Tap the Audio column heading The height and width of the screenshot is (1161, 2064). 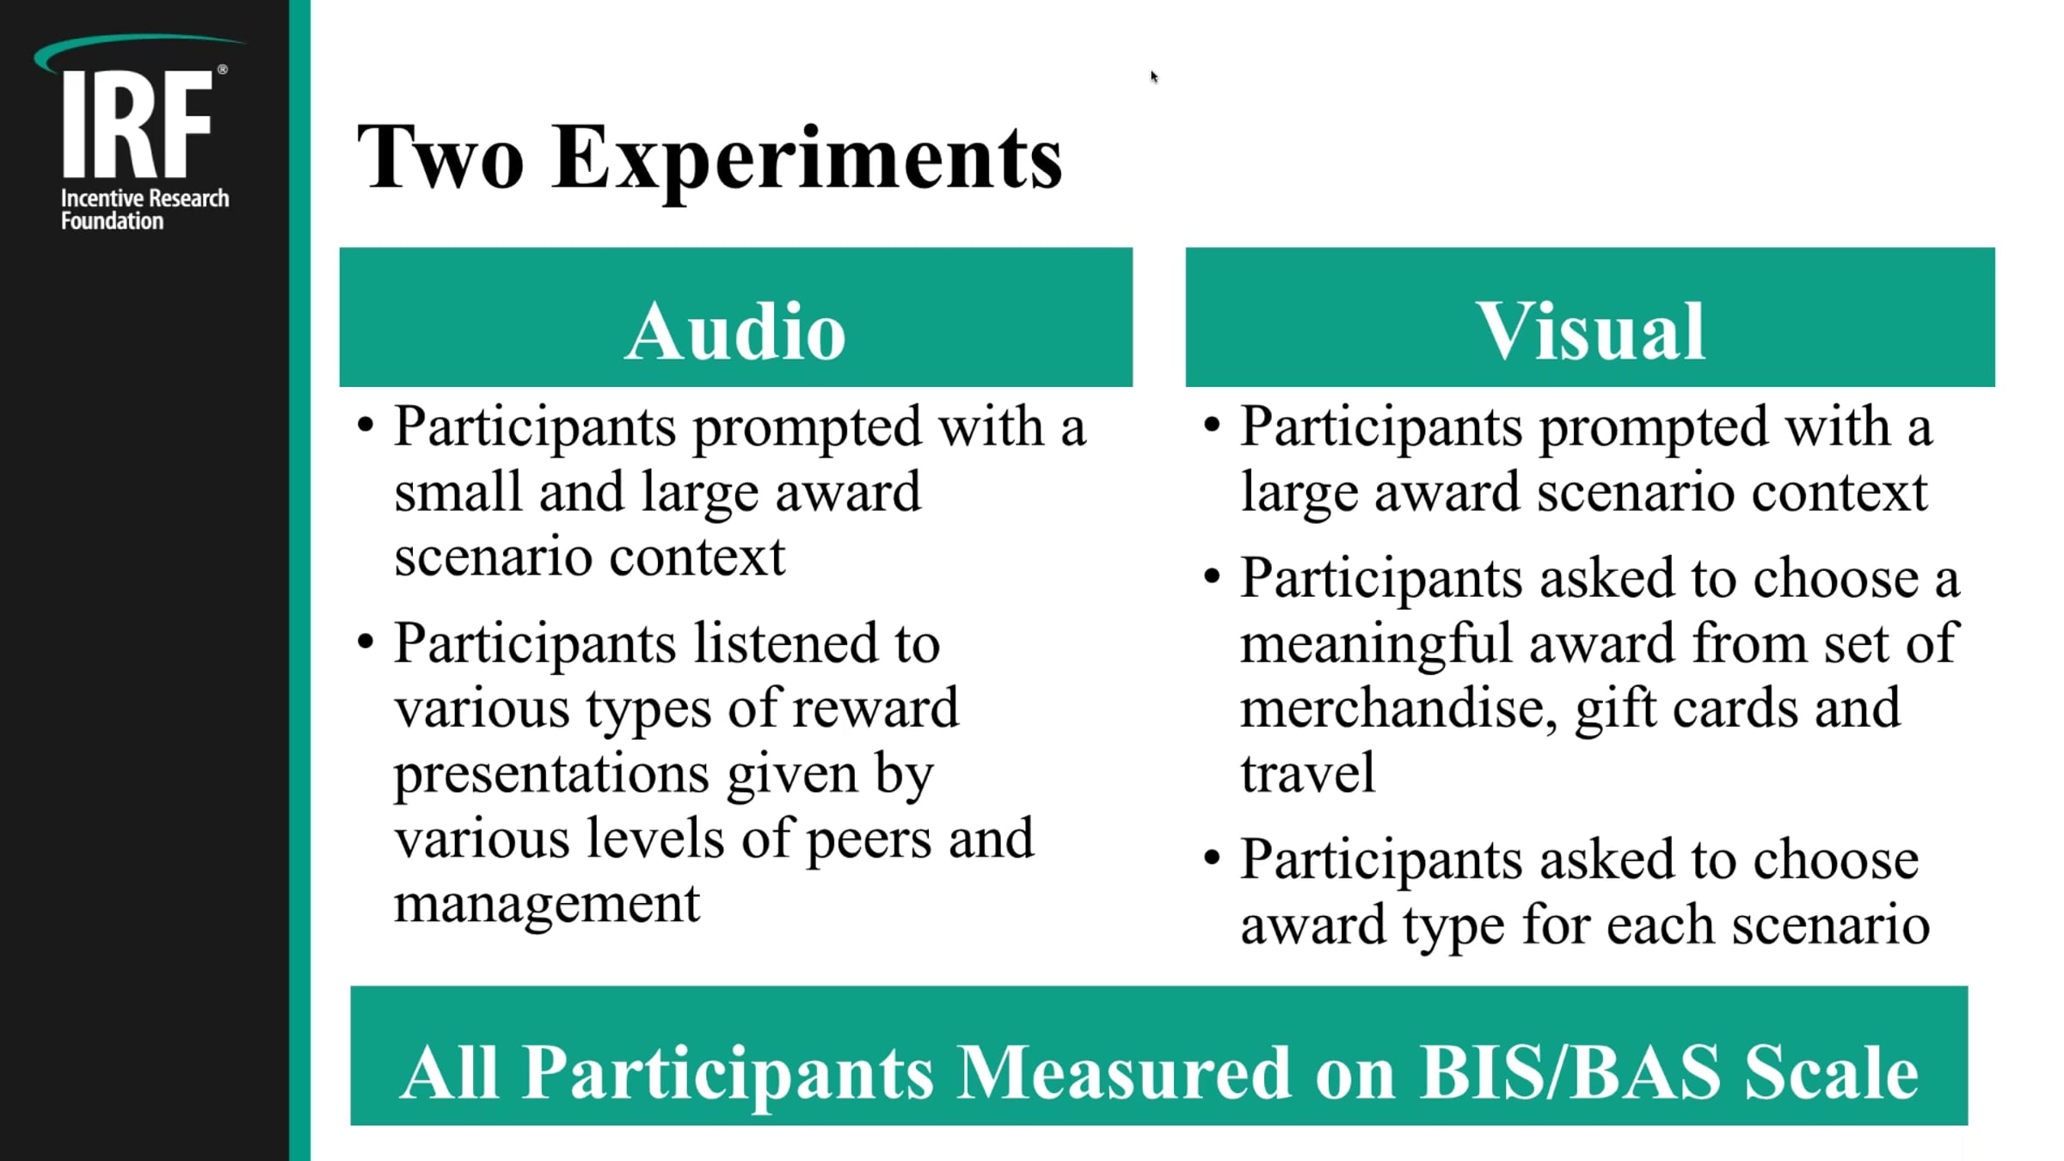[735, 331]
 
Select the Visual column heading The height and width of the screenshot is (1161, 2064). [1590, 331]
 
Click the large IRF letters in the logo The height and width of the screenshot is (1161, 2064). [137, 125]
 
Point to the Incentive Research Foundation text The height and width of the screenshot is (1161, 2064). [144, 210]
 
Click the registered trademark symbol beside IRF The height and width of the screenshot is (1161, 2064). [223, 70]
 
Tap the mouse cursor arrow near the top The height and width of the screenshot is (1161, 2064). [1153, 77]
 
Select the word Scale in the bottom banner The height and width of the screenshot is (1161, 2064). [1831, 1072]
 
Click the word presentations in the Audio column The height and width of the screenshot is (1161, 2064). [551, 774]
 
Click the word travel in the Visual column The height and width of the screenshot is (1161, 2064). [1307, 772]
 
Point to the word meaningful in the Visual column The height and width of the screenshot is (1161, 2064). [1376, 645]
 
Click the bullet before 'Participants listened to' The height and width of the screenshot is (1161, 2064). [365, 642]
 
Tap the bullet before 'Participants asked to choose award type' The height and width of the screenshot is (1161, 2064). [1212, 857]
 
